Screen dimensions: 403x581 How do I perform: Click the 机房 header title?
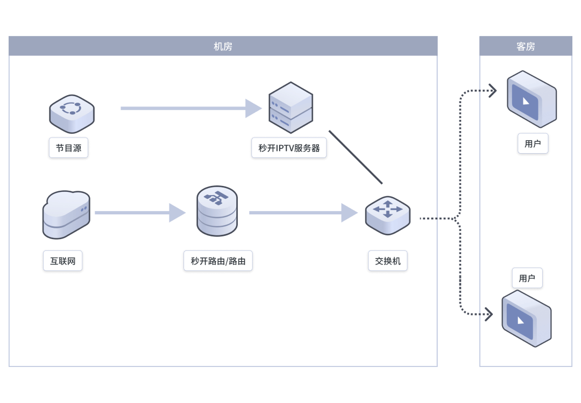tap(223, 47)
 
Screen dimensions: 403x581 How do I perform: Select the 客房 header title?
tap(526, 47)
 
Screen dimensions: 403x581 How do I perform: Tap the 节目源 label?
tap(68, 148)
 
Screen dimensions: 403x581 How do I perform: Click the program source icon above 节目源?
tap(72, 113)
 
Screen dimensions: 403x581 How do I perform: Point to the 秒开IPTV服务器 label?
tap(289, 148)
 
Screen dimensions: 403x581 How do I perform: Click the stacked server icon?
tap(290, 107)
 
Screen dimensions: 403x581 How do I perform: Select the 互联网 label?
tap(63, 262)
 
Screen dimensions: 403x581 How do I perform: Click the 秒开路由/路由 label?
tap(218, 262)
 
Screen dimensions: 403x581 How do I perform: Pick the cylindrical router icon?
tap(217, 211)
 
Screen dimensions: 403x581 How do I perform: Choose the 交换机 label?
tap(388, 262)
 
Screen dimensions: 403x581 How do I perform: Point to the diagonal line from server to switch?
tap(356, 157)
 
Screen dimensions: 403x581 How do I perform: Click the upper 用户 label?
tap(533, 144)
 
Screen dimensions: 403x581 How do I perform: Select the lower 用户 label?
tap(527, 278)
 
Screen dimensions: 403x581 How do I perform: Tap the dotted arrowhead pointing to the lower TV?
tap(489, 314)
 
